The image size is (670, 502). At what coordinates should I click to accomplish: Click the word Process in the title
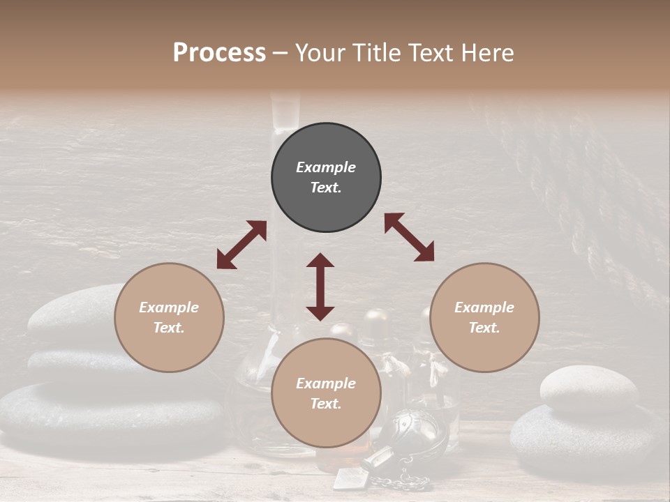coord(219,53)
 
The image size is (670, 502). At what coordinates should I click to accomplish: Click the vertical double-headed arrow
coord(320,287)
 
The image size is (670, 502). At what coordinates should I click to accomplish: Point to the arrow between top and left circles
coord(241,245)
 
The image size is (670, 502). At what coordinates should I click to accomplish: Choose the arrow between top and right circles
coord(409,237)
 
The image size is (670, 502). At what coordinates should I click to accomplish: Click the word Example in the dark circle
coord(326,167)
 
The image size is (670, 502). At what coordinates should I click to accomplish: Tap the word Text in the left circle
coord(169,328)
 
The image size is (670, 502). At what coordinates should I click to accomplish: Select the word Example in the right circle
coord(484,307)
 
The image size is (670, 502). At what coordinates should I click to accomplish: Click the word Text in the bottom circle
coord(326,404)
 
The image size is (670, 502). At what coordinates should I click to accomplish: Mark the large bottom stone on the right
coord(586,436)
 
